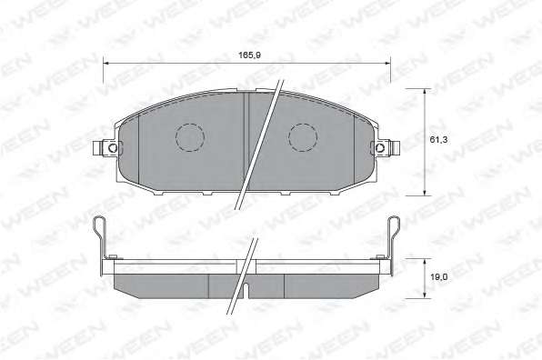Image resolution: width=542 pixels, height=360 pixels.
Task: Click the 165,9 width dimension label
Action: pos(249,55)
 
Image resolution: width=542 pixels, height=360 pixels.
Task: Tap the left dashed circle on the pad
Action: pos(190,137)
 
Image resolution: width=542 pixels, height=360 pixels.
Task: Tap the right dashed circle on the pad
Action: pos(303,137)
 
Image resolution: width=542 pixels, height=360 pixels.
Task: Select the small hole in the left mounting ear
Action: pos(113,148)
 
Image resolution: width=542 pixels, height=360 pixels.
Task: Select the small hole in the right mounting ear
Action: pos(380,148)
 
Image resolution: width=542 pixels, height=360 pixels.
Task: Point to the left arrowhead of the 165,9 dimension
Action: pos(106,64)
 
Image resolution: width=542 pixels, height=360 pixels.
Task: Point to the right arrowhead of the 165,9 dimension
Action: pos(387,64)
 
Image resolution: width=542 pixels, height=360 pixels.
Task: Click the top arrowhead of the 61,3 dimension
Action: pos(425,92)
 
